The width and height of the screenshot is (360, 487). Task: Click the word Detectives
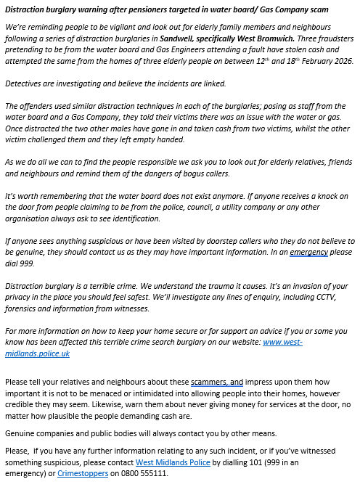pos(22,84)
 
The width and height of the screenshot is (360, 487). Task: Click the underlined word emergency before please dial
pos(309,253)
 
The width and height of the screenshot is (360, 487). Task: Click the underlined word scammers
pos(208,382)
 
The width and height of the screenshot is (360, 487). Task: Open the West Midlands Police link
pos(172,462)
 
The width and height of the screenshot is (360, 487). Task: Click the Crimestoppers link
pos(83,473)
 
